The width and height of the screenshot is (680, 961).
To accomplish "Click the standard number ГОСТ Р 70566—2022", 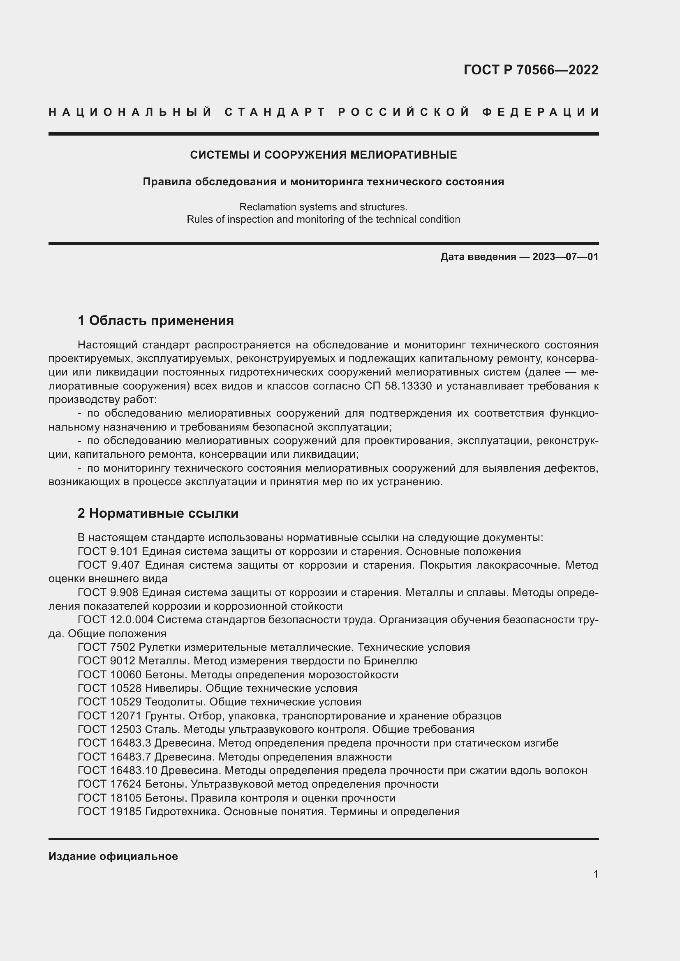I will (530, 70).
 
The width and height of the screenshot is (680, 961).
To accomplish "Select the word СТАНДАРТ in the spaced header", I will (275, 112).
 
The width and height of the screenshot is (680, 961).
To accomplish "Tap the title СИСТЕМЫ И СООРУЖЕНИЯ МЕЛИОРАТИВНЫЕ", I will (323, 155).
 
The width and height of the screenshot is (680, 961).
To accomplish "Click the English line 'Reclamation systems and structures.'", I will (323, 207).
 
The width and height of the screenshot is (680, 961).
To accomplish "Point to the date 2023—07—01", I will (565, 256).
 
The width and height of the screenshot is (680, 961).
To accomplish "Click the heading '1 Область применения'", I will (155, 320).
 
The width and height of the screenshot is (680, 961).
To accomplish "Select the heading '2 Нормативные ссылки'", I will (158, 513).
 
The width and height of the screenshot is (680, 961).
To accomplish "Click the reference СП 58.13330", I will (398, 386).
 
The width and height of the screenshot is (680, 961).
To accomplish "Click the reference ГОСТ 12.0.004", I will (115, 620).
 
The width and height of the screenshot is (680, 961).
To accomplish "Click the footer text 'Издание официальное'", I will (113, 856).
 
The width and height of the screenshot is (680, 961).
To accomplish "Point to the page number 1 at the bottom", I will (595, 874).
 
